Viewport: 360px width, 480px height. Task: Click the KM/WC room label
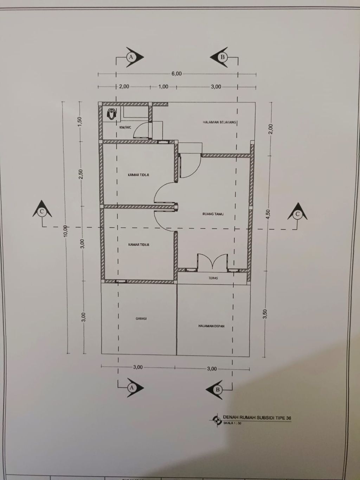pyautogui.click(x=125, y=127)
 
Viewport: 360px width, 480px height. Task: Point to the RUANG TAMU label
pyautogui.click(x=213, y=214)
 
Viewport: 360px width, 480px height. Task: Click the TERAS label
pyautogui.click(x=213, y=278)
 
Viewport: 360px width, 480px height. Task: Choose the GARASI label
pyautogui.click(x=141, y=318)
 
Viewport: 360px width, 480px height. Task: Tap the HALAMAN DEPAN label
pyautogui.click(x=211, y=326)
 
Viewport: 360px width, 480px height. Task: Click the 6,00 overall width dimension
pyautogui.click(x=176, y=74)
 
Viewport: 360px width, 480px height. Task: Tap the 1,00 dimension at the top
pyautogui.click(x=163, y=87)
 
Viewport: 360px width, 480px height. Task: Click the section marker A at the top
pyautogui.click(x=131, y=57)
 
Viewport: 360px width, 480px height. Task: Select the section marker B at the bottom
pyautogui.click(x=218, y=389)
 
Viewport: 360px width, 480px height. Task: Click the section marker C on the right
pyautogui.click(x=297, y=214)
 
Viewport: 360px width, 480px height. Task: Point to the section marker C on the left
pyautogui.click(x=42, y=211)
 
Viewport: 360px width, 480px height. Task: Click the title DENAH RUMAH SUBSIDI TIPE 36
pyautogui.click(x=257, y=418)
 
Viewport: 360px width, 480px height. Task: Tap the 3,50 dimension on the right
pyautogui.click(x=265, y=314)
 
